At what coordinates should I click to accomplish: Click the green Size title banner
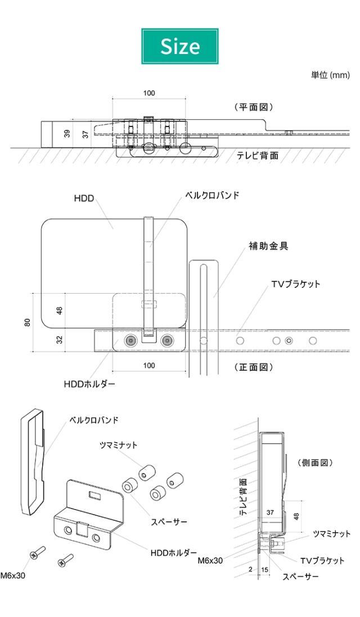tap(180, 46)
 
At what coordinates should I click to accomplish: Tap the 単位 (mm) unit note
tap(330, 75)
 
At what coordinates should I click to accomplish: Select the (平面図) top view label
tap(253, 107)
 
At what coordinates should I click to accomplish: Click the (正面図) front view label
tap(253, 367)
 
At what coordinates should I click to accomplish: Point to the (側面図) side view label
tap(315, 462)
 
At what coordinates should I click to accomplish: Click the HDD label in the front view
tap(83, 199)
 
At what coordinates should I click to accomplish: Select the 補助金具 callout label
tap(268, 246)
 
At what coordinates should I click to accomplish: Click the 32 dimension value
tap(60, 340)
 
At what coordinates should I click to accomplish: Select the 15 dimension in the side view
tap(264, 569)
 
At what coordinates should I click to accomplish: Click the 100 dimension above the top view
tap(148, 93)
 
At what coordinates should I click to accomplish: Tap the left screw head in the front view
tap(131, 340)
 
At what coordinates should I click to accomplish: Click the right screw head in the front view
tap(166, 340)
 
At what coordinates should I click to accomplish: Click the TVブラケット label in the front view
tap(295, 284)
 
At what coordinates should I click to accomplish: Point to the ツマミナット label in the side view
tap(331, 534)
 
